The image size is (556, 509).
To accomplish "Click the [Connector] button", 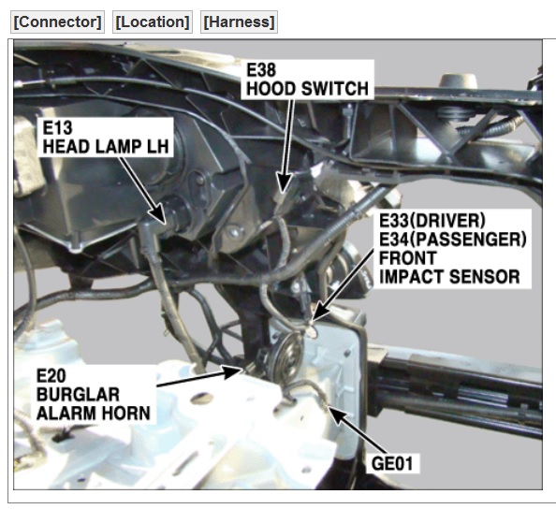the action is [x=57, y=22].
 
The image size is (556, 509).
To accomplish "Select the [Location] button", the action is [x=153, y=22].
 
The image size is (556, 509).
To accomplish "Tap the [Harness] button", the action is [x=239, y=22].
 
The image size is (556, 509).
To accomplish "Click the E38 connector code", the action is [x=261, y=70].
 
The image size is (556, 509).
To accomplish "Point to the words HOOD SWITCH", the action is [x=307, y=89].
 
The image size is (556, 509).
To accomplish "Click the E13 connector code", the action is [x=57, y=127].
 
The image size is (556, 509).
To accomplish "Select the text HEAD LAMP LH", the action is [x=106, y=146].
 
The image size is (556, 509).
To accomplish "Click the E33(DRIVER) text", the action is [x=432, y=221].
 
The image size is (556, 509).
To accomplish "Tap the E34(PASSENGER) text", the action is [x=453, y=240].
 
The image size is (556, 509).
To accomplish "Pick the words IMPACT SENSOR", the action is [x=449, y=277].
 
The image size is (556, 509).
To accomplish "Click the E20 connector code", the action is [x=51, y=376].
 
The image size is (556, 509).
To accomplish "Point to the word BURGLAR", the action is [x=78, y=395].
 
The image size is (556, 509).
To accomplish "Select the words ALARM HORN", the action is [x=94, y=414].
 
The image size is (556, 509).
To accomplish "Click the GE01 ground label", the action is [x=392, y=463].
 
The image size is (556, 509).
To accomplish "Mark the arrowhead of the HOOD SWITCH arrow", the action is [x=284, y=183].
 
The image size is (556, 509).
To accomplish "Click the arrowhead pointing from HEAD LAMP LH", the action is [x=158, y=214].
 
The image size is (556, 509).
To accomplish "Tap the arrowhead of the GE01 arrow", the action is [x=339, y=415].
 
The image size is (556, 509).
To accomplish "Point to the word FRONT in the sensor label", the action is [x=408, y=258].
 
